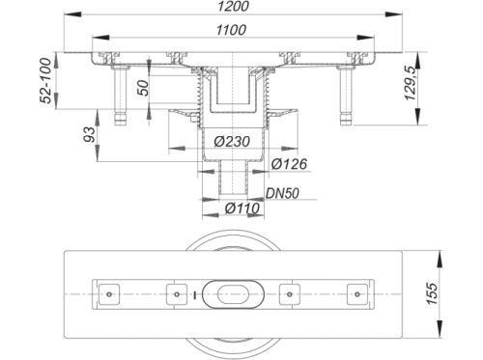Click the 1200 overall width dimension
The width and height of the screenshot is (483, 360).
[233, 7]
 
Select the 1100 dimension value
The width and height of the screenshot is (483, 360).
[231, 30]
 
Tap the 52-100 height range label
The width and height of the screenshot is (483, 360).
[47, 81]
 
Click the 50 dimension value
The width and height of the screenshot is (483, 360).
[144, 88]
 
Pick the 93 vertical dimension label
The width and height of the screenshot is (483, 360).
[90, 135]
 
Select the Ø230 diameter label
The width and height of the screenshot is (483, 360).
[232, 141]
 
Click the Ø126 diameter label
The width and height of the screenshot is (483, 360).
[289, 164]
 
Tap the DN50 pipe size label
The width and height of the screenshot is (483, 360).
[282, 193]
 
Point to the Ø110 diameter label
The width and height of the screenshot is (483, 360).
[241, 208]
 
